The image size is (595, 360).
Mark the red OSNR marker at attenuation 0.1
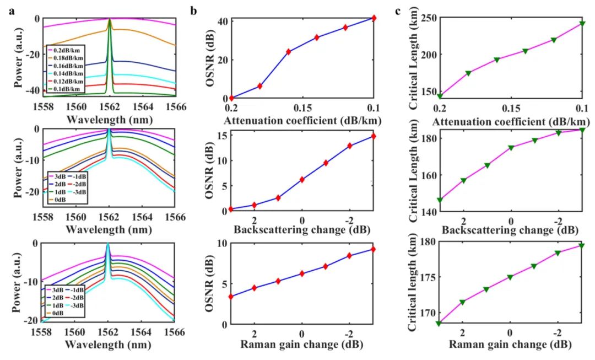click(x=374, y=18)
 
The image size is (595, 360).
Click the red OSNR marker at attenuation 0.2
click(x=231, y=98)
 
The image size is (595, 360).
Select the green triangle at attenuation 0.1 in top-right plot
click(x=582, y=24)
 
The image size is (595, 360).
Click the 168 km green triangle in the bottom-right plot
click(x=439, y=323)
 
